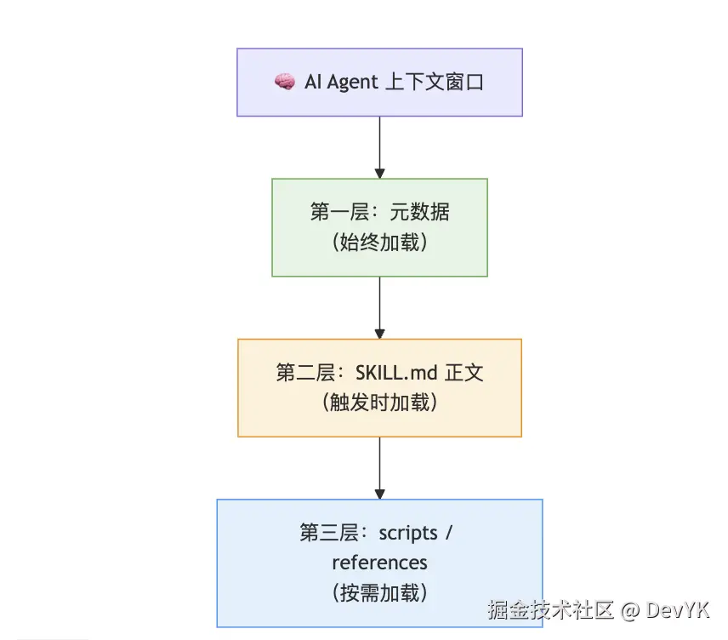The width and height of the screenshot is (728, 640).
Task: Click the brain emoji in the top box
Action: (x=284, y=82)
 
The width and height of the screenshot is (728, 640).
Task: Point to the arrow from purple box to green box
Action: (x=379, y=146)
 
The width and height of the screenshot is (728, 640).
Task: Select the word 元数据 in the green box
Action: (x=419, y=212)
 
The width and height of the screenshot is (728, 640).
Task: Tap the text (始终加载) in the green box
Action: (x=379, y=243)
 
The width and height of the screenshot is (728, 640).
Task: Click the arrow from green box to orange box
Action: (x=379, y=307)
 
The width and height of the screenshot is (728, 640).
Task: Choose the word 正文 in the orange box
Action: (x=464, y=373)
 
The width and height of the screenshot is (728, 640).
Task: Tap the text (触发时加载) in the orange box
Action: (x=379, y=403)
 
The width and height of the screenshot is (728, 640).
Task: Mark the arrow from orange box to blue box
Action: (x=379, y=467)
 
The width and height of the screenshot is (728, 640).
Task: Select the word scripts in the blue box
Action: (x=408, y=533)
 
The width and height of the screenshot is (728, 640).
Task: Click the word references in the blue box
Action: (x=379, y=563)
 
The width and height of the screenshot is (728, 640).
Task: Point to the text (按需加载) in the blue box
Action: (x=379, y=592)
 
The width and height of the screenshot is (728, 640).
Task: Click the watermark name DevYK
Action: (x=677, y=610)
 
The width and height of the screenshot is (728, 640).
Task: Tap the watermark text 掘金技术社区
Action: (x=550, y=610)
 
